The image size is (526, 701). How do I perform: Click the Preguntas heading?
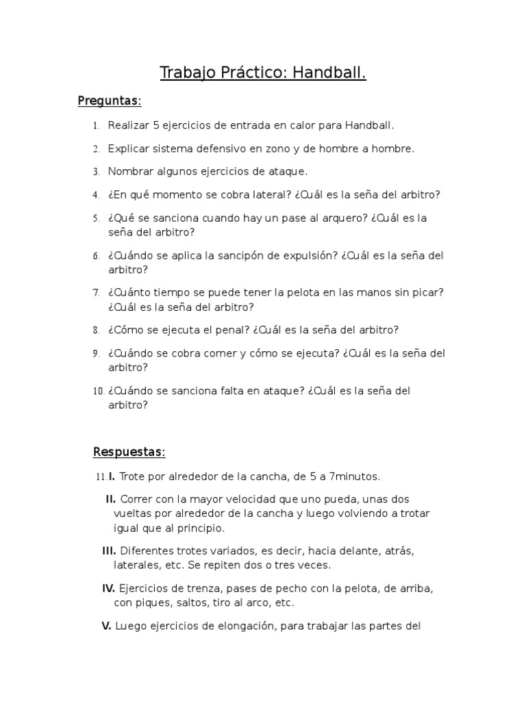click(110, 101)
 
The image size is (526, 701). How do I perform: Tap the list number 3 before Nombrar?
click(97, 172)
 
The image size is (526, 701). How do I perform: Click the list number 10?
click(98, 392)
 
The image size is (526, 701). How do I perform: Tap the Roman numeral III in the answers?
click(109, 550)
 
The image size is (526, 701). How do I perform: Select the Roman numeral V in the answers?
click(106, 625)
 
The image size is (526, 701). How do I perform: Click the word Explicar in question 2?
click(129, 149)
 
